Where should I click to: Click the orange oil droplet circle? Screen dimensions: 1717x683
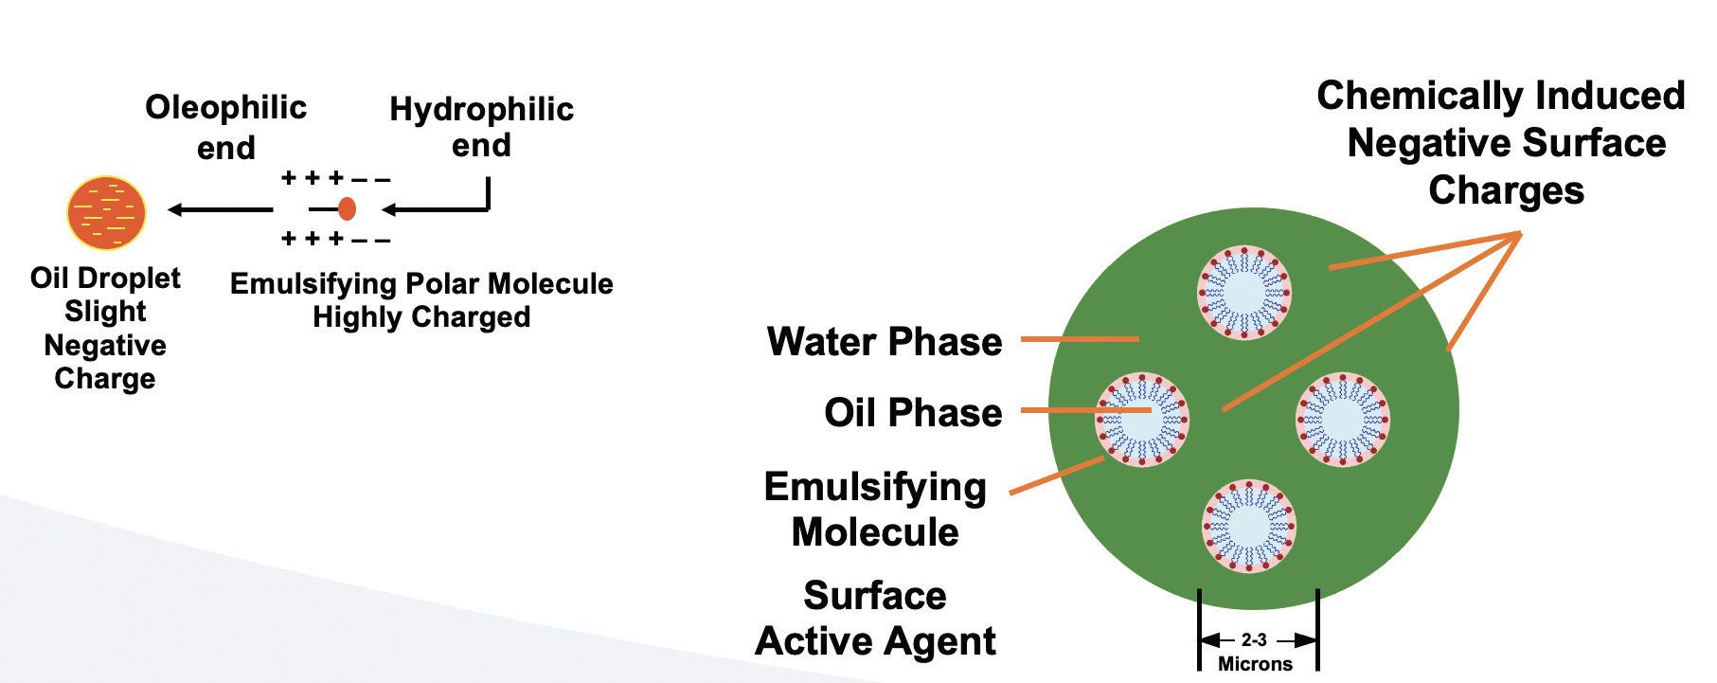click(x=106, y=210)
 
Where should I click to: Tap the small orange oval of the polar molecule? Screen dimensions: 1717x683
click(x=347, y=208)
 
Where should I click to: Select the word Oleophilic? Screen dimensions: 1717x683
click(x=225, y=107)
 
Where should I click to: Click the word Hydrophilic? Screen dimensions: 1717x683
click(x=481, y=109)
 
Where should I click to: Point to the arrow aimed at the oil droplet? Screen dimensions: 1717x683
click(x=220, y=209)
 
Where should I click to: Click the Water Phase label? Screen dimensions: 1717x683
click(x=885, y=341)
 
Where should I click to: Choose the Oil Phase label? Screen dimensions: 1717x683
click(x=913, y=412)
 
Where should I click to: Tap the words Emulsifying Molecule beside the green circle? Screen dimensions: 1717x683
click(x=875, y=509)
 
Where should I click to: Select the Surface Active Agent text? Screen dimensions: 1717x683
click(x=875, y=618)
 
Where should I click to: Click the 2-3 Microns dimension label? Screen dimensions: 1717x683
click(x=1255, y=652)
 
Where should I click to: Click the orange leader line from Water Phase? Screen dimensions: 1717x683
click(x=1080, y=338)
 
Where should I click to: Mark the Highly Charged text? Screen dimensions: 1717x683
click(x=421, y=316)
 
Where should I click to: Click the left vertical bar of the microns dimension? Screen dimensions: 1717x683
click(x=1200, y=630)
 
